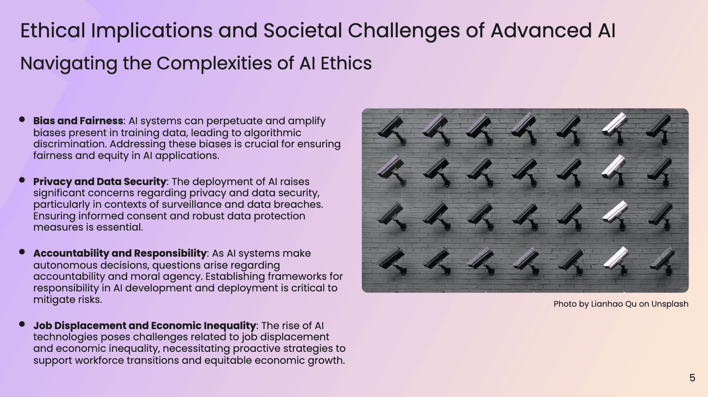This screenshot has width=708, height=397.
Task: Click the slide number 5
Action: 692,378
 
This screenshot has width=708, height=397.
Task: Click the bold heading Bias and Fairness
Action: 78,121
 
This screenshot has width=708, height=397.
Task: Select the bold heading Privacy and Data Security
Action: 100,182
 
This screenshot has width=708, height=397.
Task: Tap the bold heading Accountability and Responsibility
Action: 120,253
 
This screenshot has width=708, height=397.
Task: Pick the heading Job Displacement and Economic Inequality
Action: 144,326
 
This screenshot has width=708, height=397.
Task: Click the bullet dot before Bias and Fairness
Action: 22,119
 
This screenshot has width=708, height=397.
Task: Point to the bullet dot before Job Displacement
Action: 22,324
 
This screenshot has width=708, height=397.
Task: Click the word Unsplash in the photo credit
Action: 670,304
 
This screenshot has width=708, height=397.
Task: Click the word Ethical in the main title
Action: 53,31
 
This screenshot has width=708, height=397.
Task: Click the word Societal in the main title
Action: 303,31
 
